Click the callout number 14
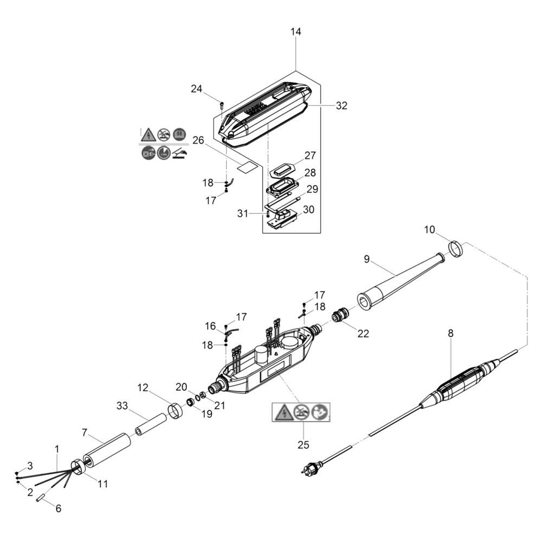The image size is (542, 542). pos(295,32)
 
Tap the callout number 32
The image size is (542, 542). pos(341,106)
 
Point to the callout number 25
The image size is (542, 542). pos(303,444)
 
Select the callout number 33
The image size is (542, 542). pos(122,405)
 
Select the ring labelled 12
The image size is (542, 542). pos(175,410)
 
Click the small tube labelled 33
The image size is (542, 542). pos(150,425)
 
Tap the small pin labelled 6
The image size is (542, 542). pos(41,498)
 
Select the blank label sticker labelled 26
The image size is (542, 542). pos(247,166)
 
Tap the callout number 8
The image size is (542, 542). pos(450,333)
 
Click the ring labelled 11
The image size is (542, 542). pos(78,467)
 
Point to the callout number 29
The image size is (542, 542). pos(312,189)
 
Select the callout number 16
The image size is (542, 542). pos(210,326)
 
